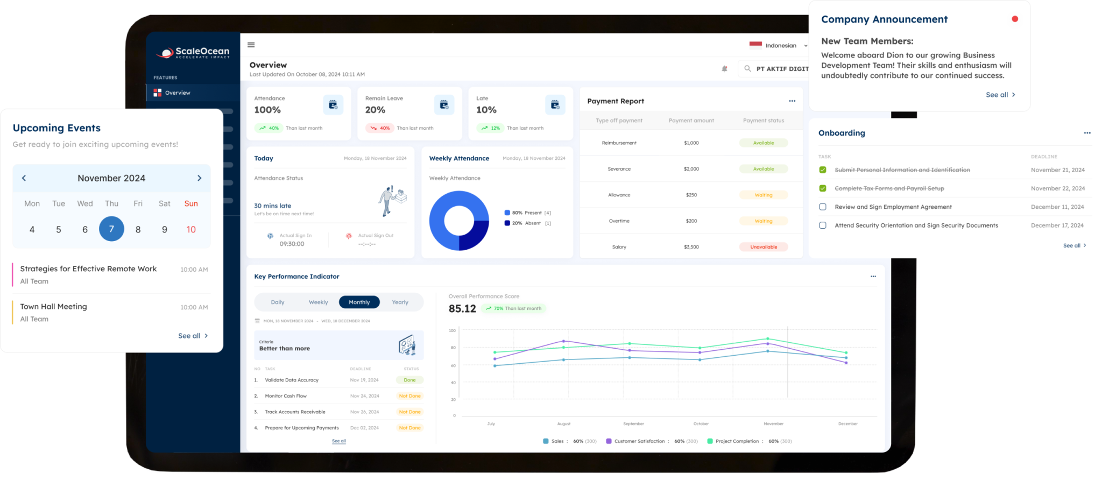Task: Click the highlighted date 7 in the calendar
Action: tap(111, 229)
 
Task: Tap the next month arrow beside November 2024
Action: tap(199, 178)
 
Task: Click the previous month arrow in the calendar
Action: tap(24, 178)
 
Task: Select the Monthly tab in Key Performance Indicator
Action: tap(359, 302)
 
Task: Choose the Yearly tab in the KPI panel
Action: tap(400, 302)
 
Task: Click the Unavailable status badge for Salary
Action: tap(764, 247)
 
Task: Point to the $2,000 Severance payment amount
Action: tap(691, 169)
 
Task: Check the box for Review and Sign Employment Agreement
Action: tap(823, 207)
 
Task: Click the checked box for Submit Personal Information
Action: tap(823, 170)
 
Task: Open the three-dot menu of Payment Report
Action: tap(792, 101)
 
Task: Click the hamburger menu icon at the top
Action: tap(251, 45)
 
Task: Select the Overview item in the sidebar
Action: tap(178, 93)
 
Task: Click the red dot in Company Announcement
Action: tap(1015, 19)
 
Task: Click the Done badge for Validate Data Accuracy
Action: tap(409, 380)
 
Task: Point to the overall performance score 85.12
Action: tap(462, 308)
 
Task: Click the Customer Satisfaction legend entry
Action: tap(639, 441)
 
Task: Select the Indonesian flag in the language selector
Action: tap(755, 45)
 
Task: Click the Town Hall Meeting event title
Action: tap(53, 307)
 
